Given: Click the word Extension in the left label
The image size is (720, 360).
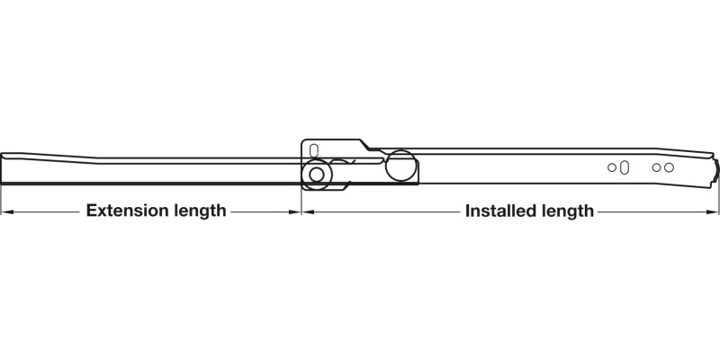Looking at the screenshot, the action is (126, 211).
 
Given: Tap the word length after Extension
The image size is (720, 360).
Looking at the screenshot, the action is (199, 211).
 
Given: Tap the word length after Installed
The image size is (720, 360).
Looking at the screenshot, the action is (568, 211).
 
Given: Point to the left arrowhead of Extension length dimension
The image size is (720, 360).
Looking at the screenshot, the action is (7, 212).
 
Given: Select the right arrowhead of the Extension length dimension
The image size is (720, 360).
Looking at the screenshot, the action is (294, 212).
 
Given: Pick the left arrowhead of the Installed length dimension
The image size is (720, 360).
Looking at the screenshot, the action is (308, 212).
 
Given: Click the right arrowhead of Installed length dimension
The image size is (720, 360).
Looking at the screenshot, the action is (712, 212).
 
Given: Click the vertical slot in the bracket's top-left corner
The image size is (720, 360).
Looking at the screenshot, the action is (314, 150).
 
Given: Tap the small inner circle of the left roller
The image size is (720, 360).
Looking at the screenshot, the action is (317, 175).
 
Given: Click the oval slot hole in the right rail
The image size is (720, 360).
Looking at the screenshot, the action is (624, 167).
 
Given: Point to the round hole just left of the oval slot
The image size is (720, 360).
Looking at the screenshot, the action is (612, 167).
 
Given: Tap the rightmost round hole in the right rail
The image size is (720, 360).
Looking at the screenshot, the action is (669, 167).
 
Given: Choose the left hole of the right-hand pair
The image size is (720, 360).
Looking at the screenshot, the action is (657, 167).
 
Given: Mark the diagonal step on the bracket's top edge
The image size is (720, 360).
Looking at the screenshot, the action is (365, 144).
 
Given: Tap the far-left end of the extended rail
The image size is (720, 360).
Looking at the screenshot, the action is (2, 168).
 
